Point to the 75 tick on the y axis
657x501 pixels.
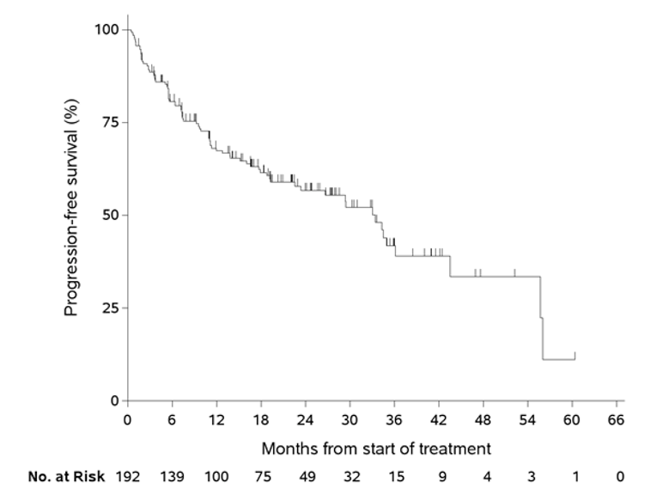[110, 122]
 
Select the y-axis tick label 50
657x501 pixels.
[110, 215]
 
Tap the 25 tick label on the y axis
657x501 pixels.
[110, 308]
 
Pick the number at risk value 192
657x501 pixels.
[127, 476]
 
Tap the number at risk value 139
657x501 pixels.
[172, 476]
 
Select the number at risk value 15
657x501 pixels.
[394, 476]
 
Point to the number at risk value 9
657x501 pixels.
[439, 476]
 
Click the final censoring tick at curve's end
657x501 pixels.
[575, 355]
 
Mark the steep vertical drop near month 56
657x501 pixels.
[541, 318]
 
